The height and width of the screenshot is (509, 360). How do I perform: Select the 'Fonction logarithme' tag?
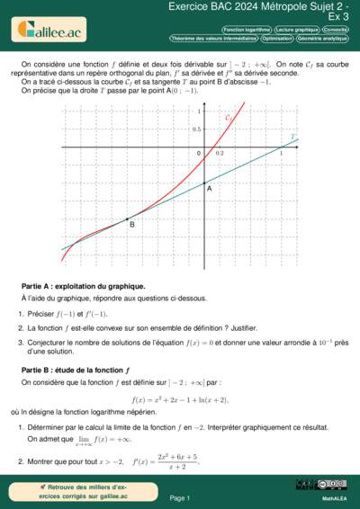[x=246, y=30]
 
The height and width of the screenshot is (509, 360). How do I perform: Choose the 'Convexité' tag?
[x=337, y=30]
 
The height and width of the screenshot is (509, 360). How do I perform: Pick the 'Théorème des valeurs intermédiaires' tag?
[x=214, y=39]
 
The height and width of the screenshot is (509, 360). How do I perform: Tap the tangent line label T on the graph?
[x=293, y=138]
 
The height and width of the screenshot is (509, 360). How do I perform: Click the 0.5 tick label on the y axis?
[x=197, y=129]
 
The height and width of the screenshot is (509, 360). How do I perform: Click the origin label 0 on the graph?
[x=200, y=154]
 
